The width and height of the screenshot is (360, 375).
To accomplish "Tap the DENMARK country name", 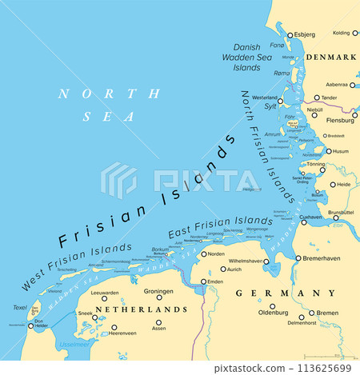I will tap(331, 58).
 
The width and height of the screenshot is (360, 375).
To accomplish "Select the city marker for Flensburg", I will tap(354, 114).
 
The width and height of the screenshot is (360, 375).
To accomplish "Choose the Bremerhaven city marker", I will tap(298, 258).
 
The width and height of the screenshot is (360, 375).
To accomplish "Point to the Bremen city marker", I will tap(312, 313).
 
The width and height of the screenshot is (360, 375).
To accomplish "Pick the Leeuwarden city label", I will tap(105, 293).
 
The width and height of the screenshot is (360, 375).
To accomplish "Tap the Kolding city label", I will tap(342, 33).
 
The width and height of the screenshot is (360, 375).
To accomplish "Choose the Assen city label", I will tap(158, 328).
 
